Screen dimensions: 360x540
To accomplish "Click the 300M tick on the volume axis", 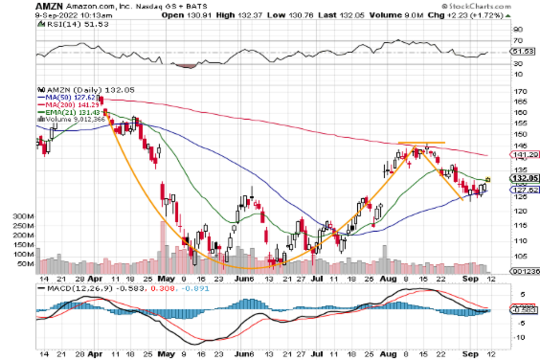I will [x=26, y=216].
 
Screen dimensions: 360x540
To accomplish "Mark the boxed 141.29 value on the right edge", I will [x=525, y=155].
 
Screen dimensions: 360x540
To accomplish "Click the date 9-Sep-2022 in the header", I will [x=58, y=15].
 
